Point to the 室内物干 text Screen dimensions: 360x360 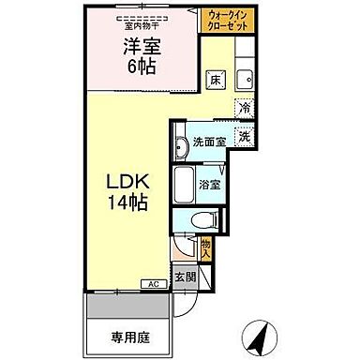coord(143,15)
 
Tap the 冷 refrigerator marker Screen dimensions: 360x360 coord(243,108)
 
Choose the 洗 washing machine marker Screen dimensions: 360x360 coord(244,136)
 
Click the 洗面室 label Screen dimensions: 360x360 coord(208,142)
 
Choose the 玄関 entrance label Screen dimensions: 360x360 coord(190,277)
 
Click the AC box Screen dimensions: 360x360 coord(152,282)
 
